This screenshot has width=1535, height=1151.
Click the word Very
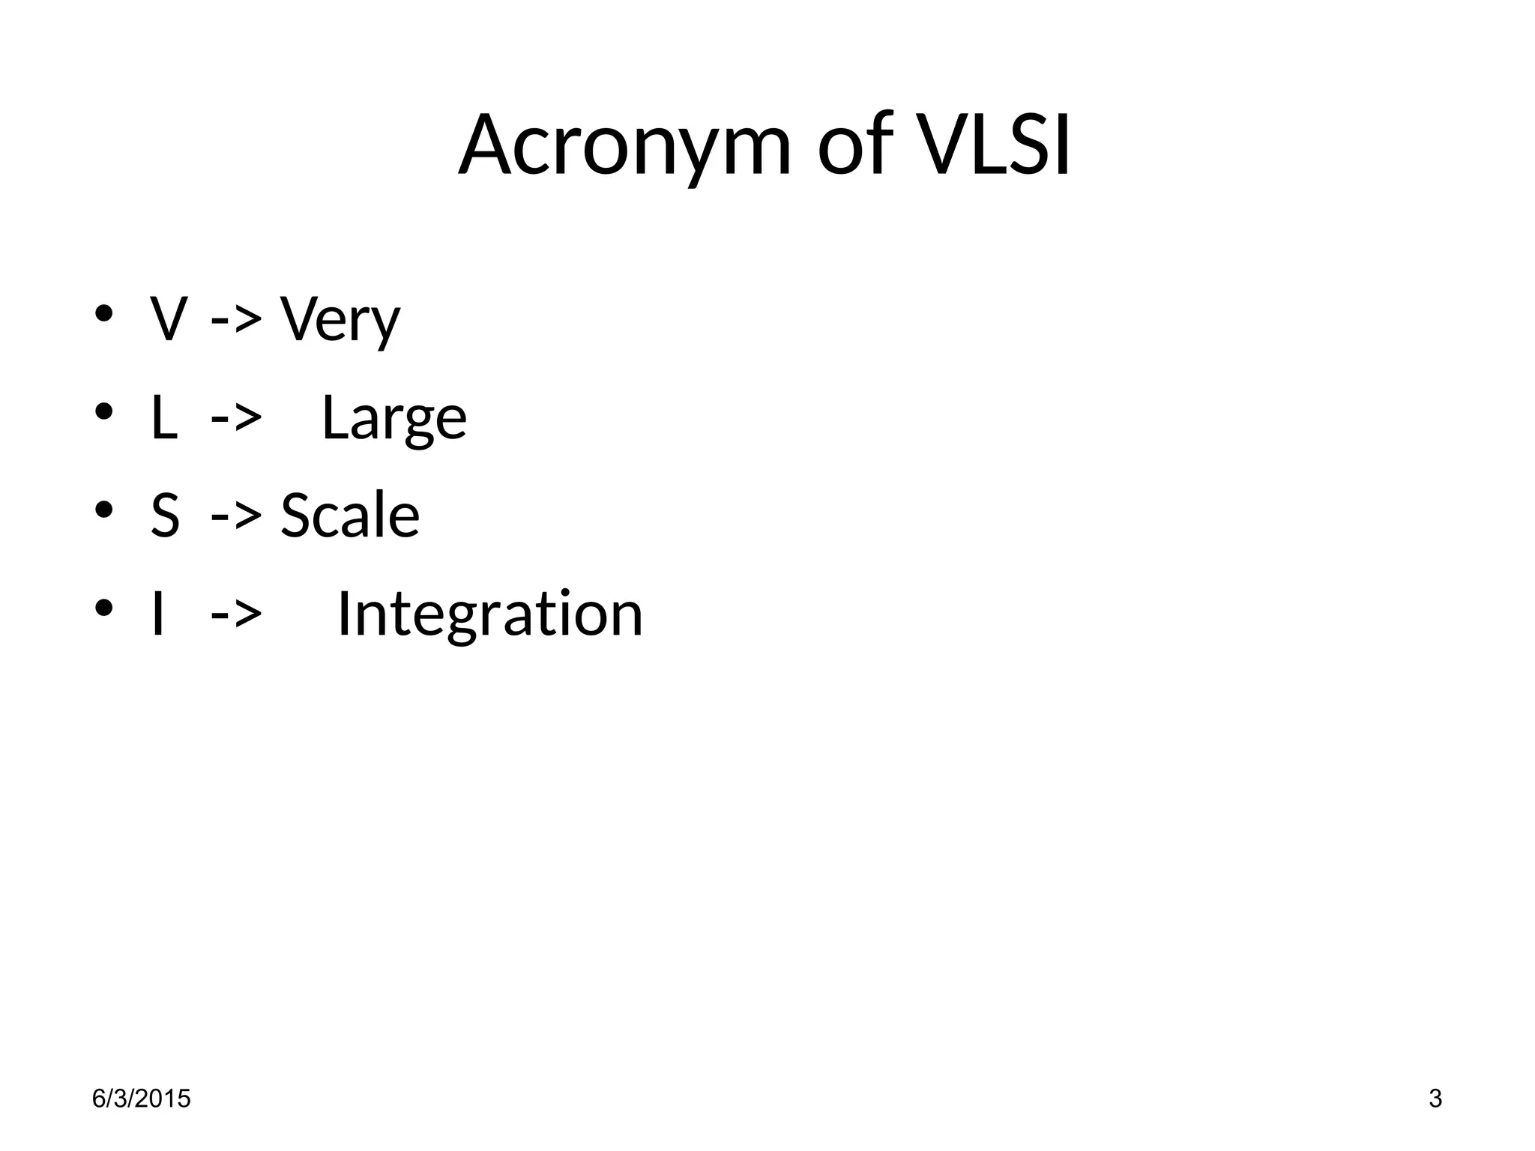(x=340, y=320)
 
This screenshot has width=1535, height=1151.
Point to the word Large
(x=393, y=418)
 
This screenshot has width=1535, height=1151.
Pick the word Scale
(x=350, y=516)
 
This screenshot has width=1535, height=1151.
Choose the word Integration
(x=490, y=614)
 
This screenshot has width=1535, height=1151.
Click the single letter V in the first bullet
(x=168, y=320)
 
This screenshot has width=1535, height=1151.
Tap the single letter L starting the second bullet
(x=164, y=418)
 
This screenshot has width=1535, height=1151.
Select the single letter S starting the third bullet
(x=166, y=516)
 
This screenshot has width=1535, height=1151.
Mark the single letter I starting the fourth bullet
(x=157, y=614)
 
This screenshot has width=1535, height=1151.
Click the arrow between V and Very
(x=236, y=320)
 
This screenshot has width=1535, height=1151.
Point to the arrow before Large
(x=236, y=418)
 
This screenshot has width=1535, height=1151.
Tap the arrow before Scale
(x=236, y=516)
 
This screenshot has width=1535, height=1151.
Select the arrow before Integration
(x=236, y=614)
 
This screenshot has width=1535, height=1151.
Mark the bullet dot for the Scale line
(x=103, y=510)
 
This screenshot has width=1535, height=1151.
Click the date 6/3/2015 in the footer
(x=142, y=1099)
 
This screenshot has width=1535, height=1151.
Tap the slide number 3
(x=1435, y=1099)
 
